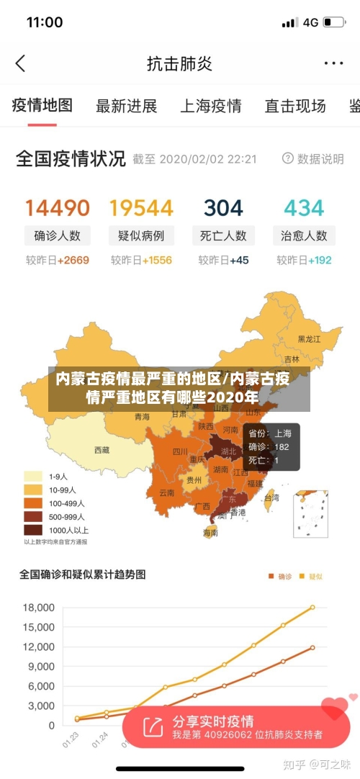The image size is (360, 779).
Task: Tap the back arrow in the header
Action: coord(20,63)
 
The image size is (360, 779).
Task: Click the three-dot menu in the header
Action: coord(333,63)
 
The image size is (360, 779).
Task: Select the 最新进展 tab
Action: coord(127,107)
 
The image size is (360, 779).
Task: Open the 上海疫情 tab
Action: coord(210,107)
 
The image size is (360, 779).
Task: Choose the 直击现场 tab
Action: coord(295,107)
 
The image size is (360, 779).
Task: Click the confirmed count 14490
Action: coord(58,208)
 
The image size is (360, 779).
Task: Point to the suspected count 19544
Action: coord(141,208)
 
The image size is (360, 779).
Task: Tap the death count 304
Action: coord(223,208)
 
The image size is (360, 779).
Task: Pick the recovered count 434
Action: coord(304,208)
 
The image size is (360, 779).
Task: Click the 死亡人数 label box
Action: coord(224,235)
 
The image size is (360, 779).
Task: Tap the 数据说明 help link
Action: coord(313,158)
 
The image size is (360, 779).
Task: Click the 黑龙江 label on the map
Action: coord(310,338)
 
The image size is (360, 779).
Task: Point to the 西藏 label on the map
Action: coord(102,450)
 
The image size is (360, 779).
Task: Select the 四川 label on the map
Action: coord(180,452)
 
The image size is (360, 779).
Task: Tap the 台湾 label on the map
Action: coord(271,497)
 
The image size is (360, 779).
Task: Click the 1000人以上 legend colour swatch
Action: coord(32,529)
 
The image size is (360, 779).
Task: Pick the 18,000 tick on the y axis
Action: coord(38,608)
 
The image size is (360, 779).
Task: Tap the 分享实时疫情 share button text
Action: coord(213,721)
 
